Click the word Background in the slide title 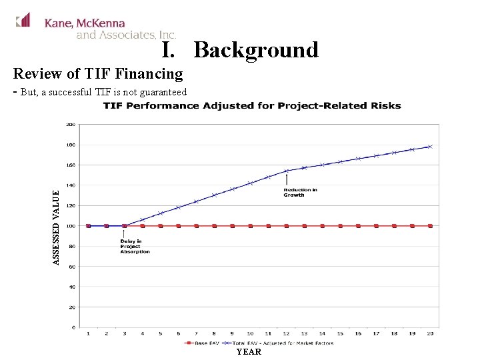[256, 50]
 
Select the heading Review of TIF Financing [98, 73]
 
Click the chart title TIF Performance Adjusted [252, 105]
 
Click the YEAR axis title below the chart [249, 351]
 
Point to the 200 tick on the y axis [70, 124]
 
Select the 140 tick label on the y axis [70, 185]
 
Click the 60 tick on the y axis [71, 267]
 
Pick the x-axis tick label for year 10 [250, 333]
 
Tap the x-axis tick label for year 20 [430, 333]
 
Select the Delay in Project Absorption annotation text [135, 246]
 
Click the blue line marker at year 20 [430, 147]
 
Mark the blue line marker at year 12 [286, 171]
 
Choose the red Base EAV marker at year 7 [196, 226]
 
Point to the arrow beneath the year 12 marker [286, 179]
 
